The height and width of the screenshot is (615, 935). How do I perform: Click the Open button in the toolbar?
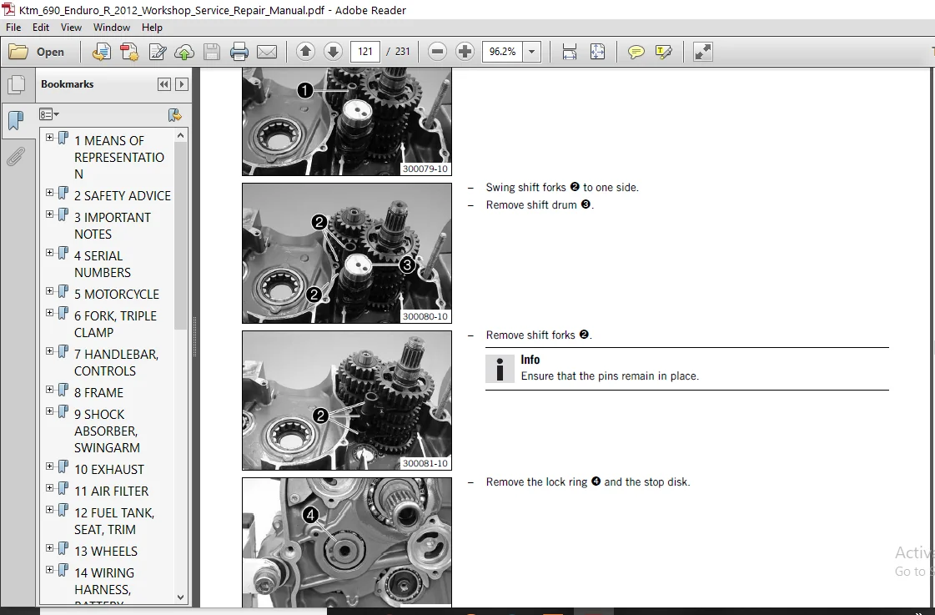[x=37, y=52]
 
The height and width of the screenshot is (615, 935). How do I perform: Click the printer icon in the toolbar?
[x=239, y=52]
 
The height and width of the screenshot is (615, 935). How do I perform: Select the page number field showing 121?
[x=365, y=51]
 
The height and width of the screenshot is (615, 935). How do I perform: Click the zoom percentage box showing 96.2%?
[x=503, y=51]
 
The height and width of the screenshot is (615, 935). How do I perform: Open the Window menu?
[x=112, y=28]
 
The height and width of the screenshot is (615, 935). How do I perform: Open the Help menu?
[x=152, y=28]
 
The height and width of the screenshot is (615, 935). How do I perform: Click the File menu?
[x=13, y=28]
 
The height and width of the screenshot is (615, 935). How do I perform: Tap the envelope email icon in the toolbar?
[x=267, y=52]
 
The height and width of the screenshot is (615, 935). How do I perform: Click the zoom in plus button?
[x=465, y=51]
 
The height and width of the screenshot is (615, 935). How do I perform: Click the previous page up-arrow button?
[x=305, y=51]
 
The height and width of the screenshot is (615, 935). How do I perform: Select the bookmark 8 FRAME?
[x=99, y=392]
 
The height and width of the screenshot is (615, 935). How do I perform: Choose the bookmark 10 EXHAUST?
[x=109, y=470]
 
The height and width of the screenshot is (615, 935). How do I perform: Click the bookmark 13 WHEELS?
[x=106, y=552]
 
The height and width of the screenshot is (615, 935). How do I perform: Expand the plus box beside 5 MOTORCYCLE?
[x=49, y=291]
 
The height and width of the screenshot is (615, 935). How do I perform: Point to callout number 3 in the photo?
[x=407, y=265]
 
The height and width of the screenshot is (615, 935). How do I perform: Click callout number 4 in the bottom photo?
[x=310, y=515]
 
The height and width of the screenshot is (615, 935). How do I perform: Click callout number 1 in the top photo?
[x=304, y=90]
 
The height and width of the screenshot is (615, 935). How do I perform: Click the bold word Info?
[x=530, y=360]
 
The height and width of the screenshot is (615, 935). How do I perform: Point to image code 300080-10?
[x=425, y=317]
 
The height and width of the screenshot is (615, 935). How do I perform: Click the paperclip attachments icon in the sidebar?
[x=16, y=156]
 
